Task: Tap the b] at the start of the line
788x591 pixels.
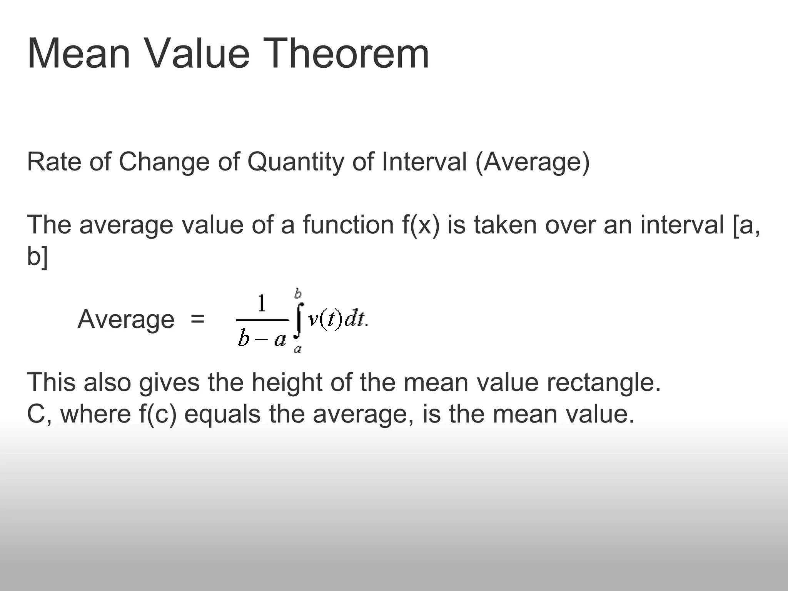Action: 38,256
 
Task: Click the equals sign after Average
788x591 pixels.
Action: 197,319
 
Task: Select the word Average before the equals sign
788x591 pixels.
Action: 126,319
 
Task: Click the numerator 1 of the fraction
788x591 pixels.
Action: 262,304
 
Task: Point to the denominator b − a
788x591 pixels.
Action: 262,339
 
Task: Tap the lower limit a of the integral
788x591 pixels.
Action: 297,349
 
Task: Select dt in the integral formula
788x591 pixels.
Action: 354,320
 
